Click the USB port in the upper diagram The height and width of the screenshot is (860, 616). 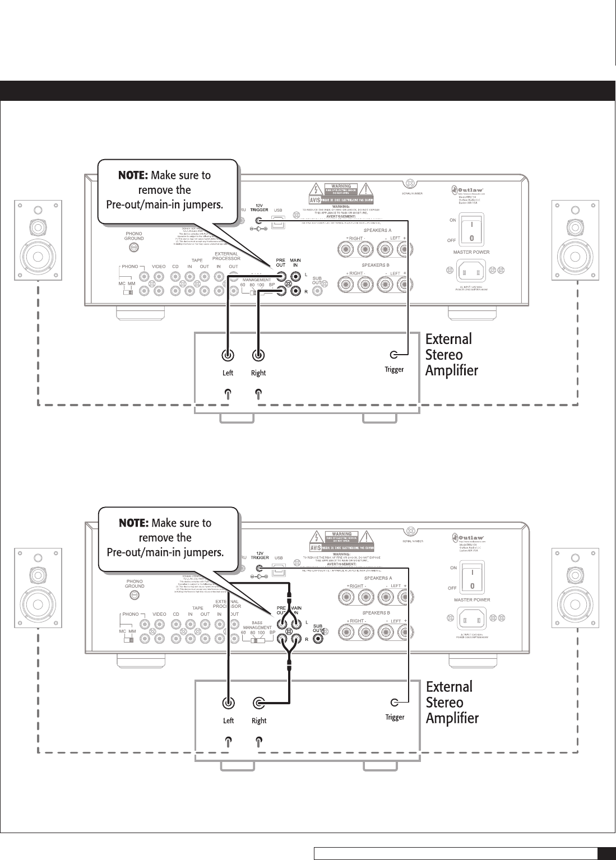tap(277, 222)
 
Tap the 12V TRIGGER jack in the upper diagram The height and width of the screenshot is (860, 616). tap(259, 221)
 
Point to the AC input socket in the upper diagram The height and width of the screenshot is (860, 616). tap(471, 273)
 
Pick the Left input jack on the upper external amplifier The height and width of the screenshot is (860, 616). tap(228, 355)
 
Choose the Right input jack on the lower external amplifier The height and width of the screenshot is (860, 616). tap(258, 703)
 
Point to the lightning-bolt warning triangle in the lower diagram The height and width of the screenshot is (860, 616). tap(316, 537)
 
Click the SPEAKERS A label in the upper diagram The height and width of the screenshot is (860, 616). tap(377, 230)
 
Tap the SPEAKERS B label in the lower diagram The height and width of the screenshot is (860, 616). tap(377, 612)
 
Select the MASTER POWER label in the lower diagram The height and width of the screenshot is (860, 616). tap(471, 600)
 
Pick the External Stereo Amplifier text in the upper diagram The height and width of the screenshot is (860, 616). tap(451, 355)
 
